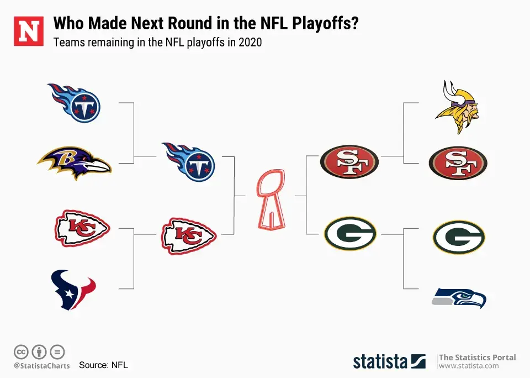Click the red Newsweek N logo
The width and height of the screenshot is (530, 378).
coord(28,31)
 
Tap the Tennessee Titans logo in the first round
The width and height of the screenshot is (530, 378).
coord(75,103)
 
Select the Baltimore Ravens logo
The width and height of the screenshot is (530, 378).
coord(75,163)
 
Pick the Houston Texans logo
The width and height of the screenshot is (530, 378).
coord(73,290)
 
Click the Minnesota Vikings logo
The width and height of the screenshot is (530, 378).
coord(457,107)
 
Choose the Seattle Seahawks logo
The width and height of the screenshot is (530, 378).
coord(459,298)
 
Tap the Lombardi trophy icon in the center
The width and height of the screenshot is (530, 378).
coord(271,199)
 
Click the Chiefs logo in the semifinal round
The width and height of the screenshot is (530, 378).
coord(189,236)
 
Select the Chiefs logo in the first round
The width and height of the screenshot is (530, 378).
coord(82,228)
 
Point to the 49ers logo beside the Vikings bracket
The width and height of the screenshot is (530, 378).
coord(458,163)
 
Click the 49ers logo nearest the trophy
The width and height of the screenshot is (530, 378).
coord(349,161)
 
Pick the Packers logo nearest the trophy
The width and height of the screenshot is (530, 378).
coord(350,234)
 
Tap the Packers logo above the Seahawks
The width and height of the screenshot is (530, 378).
coord(459,237)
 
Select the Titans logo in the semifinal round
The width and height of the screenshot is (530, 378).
coord(189,162)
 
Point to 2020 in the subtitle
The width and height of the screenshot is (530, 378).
coord(250,43)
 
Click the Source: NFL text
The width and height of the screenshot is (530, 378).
coord(103,365)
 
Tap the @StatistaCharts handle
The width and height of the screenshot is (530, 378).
coord(41,366)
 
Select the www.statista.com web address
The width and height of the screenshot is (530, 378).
coord(469,366)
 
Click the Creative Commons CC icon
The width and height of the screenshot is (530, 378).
coord(21,352)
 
